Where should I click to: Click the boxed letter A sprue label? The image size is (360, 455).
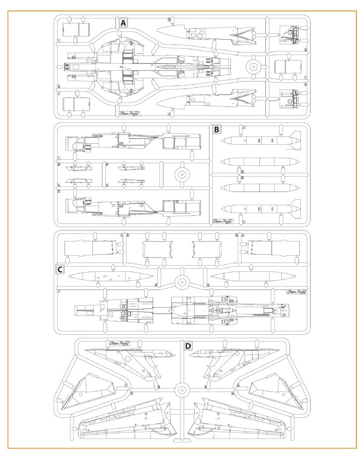(x=123, y=23)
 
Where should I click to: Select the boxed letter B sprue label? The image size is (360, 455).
(x=217, y=130)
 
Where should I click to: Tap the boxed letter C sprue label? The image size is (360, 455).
(x=60, y=269)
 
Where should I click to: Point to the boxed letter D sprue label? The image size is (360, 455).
(x=188, y=346)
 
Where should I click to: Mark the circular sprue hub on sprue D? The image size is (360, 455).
(x=181, y=389)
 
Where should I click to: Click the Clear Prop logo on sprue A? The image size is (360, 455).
(x=127, y=114)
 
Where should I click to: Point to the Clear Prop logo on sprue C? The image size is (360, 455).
(x=296, y=292)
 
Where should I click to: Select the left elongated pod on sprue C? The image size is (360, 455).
(x=108, y=277)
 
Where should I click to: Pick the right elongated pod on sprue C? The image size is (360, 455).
(x=253, y=276)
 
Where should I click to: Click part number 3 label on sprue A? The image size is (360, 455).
(x=169, y=20)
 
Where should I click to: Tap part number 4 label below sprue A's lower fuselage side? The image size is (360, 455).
(x=169, y=114)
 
